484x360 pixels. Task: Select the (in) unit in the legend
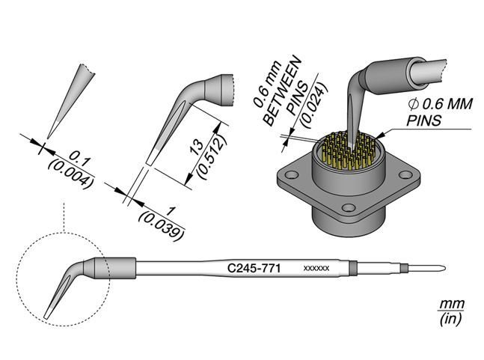tap(450, 320)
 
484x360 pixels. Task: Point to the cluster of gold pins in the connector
tap(346, 153)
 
